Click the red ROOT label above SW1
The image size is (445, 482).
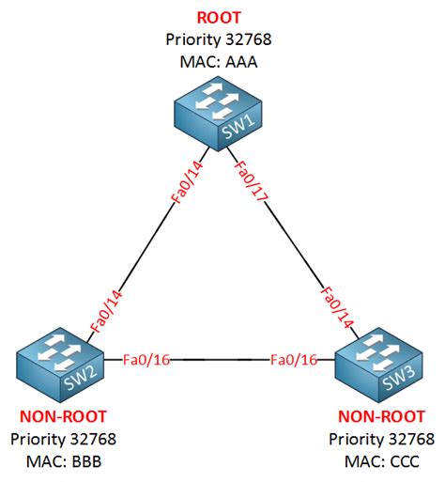[x=219, y=18]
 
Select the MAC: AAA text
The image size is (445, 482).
[x=219, y=62]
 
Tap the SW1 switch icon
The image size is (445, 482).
[x=218, y=114]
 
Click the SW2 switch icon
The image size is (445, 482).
[x=60, y=365]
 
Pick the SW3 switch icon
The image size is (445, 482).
[x=379, y=365]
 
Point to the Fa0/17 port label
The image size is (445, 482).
[x=252, y=181]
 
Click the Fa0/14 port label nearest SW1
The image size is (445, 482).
[x=187, y=182]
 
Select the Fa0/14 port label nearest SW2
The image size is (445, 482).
[x=105, y=311]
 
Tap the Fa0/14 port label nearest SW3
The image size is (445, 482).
[x=337, y=307]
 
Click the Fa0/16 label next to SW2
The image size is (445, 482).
[x=146, y=360]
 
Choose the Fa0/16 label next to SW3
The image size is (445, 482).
[x=294, y=360]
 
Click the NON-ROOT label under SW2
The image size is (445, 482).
[x=63, y=416]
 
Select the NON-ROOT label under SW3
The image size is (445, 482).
[x=381, y=416]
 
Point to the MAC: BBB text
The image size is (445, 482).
[x=64, y=461]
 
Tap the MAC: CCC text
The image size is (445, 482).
[x=382, y=461]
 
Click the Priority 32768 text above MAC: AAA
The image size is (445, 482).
[x=219, y=39]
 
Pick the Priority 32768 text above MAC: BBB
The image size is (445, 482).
[x=64, y=439]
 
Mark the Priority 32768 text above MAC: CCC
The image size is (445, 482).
[x=382, y=439]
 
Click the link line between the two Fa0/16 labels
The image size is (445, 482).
[x=220, y=360]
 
